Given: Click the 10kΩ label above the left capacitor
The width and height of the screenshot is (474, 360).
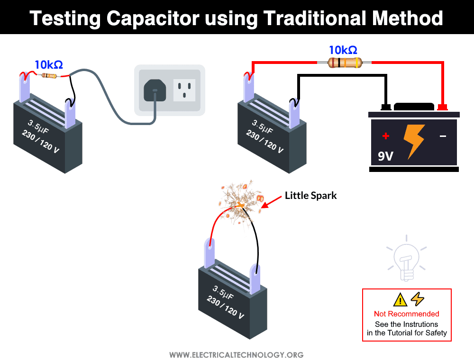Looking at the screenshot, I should (x=48, y=64).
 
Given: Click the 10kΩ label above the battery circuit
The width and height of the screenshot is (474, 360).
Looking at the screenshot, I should (x=343, y=50).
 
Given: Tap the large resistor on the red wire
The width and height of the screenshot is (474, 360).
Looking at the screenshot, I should (x=345, y=62).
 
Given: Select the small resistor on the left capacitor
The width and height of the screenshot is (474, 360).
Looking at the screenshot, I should (x=49, y=75).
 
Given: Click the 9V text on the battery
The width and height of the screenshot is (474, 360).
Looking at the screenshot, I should (x=385, y=156).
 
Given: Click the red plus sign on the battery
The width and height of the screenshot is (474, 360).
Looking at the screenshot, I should (x=386, y=136).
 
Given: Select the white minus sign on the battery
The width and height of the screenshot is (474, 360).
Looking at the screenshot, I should (x=443, y=136).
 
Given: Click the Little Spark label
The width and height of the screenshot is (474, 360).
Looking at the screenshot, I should (x=310, y=196).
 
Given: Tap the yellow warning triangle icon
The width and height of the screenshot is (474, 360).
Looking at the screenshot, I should (x=400, y=299).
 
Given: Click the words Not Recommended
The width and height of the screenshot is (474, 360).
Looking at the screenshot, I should (x=406, y=314).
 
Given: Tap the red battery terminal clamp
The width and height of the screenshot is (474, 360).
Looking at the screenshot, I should (x=443, y=107).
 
